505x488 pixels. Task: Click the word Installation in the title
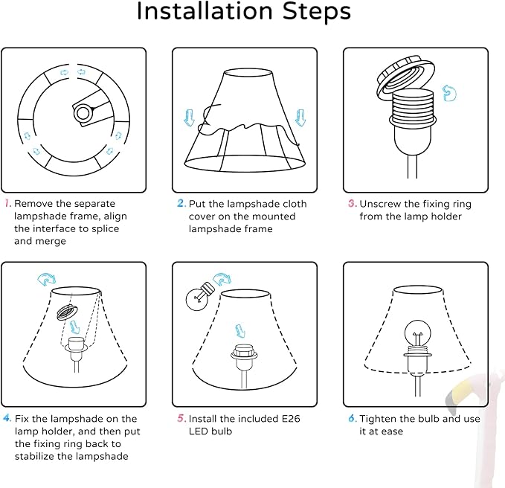pos(205,11)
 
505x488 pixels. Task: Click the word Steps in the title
pos(317,11)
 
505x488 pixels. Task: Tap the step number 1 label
pos(7,203)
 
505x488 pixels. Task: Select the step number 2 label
pos(181,203)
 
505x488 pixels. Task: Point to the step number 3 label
pos(353,203)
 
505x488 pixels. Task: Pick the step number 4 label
pos(7,418)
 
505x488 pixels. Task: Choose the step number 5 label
pos(181,418)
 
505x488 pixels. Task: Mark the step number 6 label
pos(353,418)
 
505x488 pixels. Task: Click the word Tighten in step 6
pos(378,419)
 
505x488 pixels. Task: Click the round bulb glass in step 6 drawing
pos(417,333)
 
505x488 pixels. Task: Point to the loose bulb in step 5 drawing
pos(199,296)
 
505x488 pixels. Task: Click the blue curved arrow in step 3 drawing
pos(449,93)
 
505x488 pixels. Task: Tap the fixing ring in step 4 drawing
pos(67,312)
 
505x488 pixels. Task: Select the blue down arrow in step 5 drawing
pos(240,331)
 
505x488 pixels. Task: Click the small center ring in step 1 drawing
pos(83,113)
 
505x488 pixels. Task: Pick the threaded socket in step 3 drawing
pos(413,108)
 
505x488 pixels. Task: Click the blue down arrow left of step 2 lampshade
pos(190,118)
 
